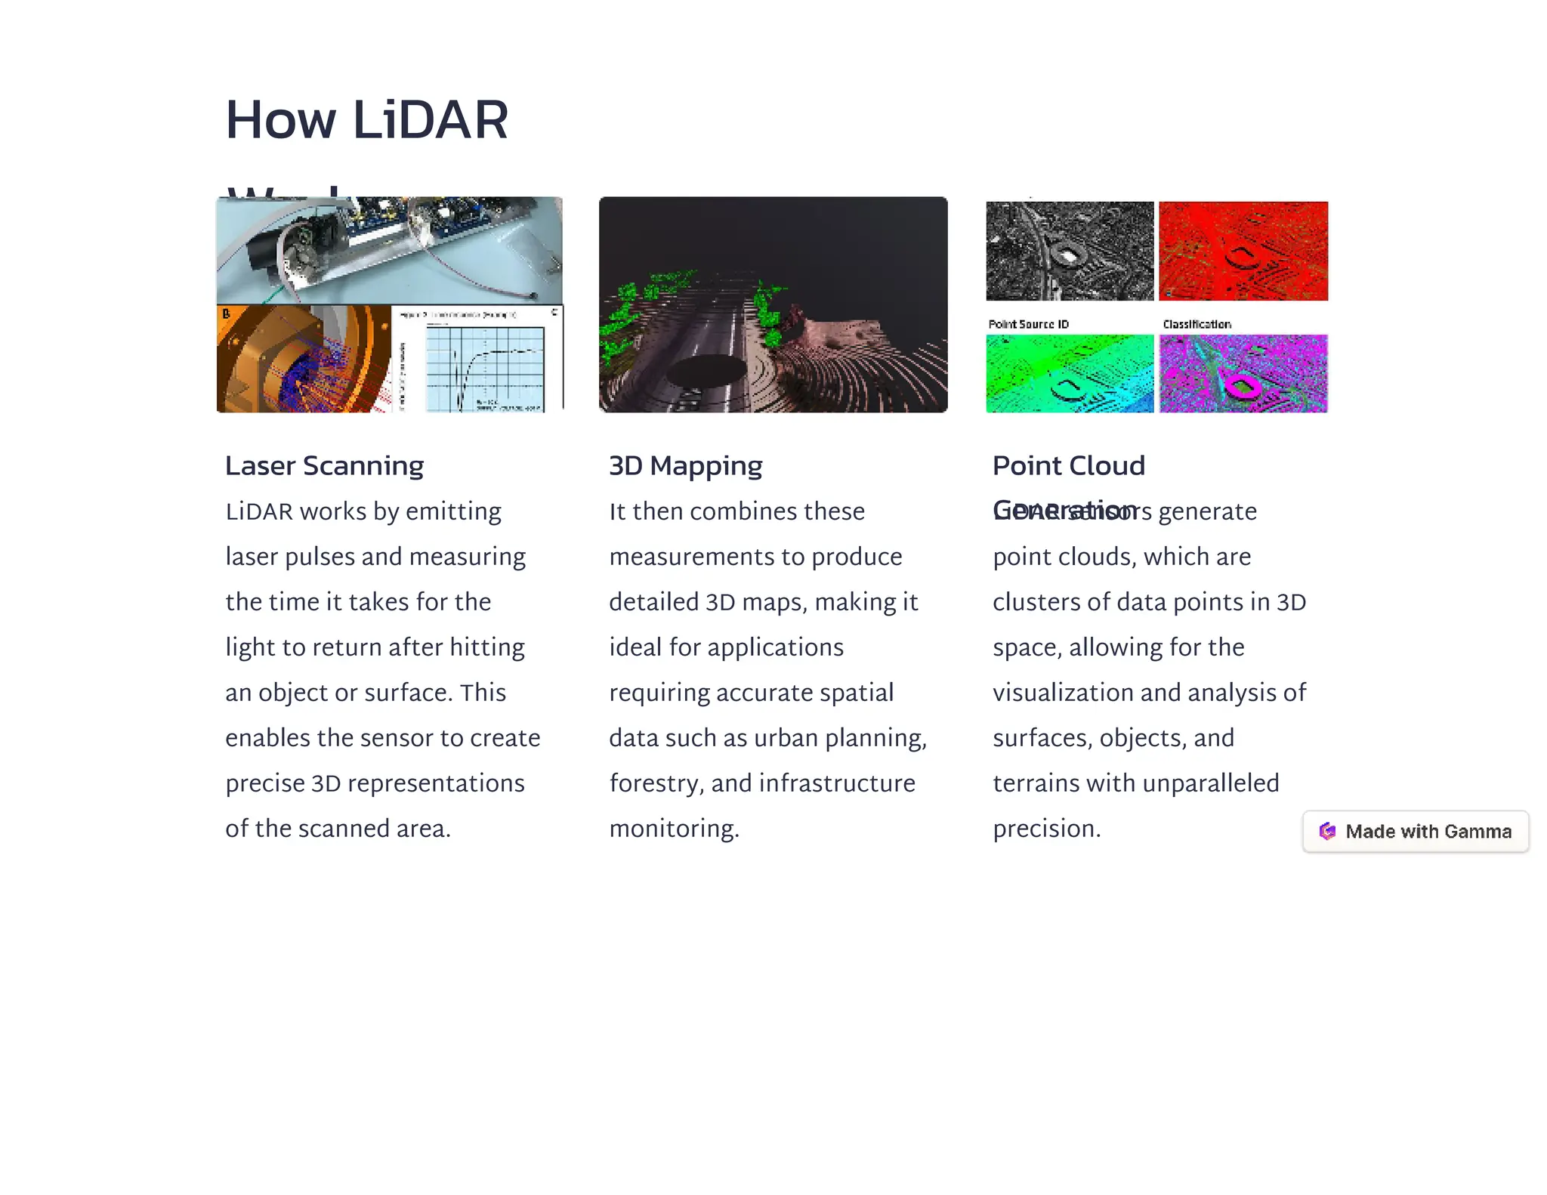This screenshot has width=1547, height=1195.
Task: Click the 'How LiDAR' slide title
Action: pyautogui.click(x=367, y=120)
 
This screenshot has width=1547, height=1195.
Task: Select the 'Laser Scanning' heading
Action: pyautogui.click(x=325, y=466)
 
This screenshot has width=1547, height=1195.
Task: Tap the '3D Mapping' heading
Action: pyautogui.click(x=686, y=466)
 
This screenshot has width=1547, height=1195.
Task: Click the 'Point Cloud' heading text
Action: pyautogui.click(x=1069, y=466)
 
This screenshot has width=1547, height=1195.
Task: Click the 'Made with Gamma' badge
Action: pyautogui.click(x=1416, y=832)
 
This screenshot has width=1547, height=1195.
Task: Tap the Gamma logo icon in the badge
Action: pyautogui.click(x=1327, y=832)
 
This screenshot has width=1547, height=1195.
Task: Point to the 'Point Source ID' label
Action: pyautogui.click(x=1029, y=324)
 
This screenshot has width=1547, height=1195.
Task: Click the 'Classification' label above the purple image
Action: pyautogui.click(x=1197, y=324)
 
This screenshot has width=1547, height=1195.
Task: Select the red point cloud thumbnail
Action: pyautogui.click(x=1243, y=251)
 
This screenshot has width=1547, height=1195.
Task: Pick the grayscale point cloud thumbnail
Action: pyautogui.click(x=1070, y=251)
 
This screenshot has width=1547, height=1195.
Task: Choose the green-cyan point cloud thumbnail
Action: pyautogui.click(x=1070, y=374)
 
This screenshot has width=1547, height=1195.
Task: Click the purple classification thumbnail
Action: pyautogui.click(x=1243, y=374)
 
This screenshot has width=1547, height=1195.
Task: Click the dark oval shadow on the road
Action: pyautogui.click(x=708, y=371)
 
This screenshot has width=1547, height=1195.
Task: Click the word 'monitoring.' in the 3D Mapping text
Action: pyautogui.click(x=675, y=829)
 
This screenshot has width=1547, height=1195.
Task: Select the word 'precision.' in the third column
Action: pyautogui.click(x=1047, y=829)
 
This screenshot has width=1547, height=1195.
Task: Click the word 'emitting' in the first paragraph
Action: pyautogui.click(x=453, y=511)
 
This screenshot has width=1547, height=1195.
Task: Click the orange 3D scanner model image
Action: pyautogui.click(x=302, y=360)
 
